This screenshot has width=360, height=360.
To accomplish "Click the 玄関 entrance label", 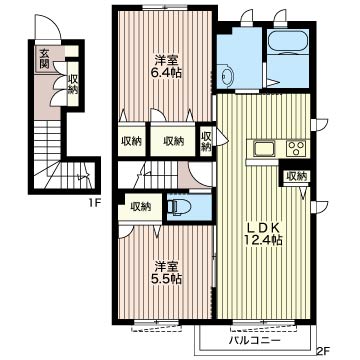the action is click(x=44, y=58).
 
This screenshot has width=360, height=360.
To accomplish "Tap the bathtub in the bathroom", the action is click(x=287, y=42).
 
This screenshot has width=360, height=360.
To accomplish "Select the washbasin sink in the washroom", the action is click(x=227, y=76).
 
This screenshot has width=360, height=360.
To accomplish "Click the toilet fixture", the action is click(x=179, y=207).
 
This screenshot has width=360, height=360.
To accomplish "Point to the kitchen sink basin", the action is click(x=264, y=148).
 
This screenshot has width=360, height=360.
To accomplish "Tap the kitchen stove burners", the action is click(x=296, y=148).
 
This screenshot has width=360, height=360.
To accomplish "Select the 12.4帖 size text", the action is click(x=264, y=240).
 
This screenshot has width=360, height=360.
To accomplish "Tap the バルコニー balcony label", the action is click(x=255, y=341).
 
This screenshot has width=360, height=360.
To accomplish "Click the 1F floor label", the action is click(x=95, y=202).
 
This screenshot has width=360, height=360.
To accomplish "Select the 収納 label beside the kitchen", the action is click(x=297, y=176).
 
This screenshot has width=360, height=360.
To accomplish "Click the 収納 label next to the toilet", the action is click(x=141, y=206).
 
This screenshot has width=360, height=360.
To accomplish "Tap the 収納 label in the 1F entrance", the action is click(x=73, y=84).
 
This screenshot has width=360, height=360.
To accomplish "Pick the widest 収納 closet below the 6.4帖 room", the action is click(x=173, y=140).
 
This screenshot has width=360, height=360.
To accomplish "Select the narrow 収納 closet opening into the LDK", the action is click(x=207, y=141).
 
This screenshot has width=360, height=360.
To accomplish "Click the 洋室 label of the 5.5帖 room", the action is click(x=168, y=267).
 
